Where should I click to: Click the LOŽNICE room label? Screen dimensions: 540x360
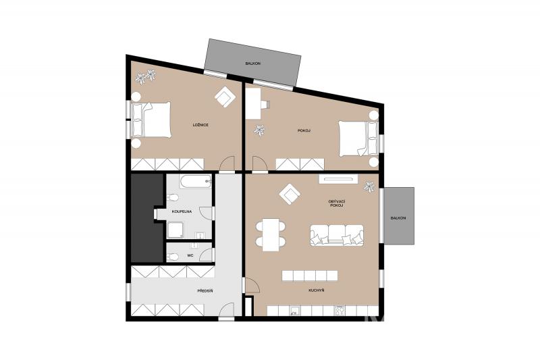[x=200, y=125]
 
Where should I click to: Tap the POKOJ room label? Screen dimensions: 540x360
[x=304, y=130]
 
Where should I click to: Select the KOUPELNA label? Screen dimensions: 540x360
[x=182, y=211]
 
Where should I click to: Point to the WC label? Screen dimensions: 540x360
[x=190, y=255]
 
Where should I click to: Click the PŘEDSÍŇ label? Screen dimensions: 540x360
[x=205, y=291]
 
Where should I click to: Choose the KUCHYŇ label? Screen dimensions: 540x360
[x=316, y=290]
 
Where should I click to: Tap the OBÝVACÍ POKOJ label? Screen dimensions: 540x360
[x=337, y=203]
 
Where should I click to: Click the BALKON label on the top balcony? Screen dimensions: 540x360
[x=252, y=63]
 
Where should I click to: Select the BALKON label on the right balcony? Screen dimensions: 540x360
[x=398, y=218]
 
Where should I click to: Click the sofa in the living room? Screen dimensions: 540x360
[x=337, y=235]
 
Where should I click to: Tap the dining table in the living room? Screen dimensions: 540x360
[x=271, y=234]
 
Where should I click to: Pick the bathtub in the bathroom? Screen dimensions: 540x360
[x=196, y=182]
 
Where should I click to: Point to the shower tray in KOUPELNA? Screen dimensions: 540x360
[x=175, y=230]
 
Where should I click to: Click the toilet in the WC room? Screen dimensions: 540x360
[x=173, y=257]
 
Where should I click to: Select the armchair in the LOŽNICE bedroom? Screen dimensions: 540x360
[x=225, y=97]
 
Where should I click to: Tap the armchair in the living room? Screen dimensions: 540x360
[x=290, y=195]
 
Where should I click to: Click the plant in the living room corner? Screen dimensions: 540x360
[x=369, y=186]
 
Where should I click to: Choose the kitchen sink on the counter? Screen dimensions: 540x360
[x=295, y=311]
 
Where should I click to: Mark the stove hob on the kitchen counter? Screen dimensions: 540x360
[x=340, y=311]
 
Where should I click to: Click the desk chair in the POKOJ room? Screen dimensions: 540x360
[x=265, y=105]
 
